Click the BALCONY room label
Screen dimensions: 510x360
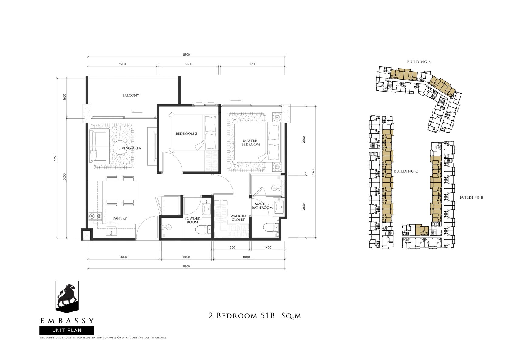coord(131,96)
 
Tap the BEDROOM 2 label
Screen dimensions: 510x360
coord(186,133)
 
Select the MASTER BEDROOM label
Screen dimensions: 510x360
coord(250,143)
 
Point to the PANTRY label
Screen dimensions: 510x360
coord(120,218)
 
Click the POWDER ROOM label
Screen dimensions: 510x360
coord(192,220)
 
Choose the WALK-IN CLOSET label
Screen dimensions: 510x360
coord(238,218)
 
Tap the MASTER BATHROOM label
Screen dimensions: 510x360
coord(262,206)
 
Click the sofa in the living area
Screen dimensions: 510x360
coord(100,146)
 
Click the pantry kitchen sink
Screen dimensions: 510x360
coord(111,230)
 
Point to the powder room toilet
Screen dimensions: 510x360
coord(203,230)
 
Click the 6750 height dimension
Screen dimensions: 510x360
coord(55,158)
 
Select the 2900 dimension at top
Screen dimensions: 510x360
coord(123,64)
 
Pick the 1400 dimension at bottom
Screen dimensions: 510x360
coord(268,248)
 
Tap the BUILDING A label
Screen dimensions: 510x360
coord(419,62)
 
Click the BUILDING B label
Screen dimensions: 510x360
coord(471,198)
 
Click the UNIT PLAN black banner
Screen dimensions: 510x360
coord(67,331)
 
